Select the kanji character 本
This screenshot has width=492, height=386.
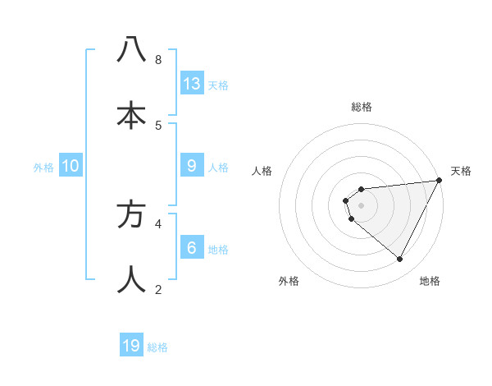132,114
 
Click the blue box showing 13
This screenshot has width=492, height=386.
192,84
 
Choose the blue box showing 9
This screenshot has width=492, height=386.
192,166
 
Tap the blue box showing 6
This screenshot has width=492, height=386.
192,248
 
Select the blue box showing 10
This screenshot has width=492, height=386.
71,166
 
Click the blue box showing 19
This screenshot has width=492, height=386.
131,346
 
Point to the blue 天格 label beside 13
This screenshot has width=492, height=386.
218,85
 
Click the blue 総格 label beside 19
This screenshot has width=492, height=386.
157,347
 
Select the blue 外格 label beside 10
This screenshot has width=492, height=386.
43,168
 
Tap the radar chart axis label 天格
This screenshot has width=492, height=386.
462,171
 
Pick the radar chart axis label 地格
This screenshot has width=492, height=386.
430,281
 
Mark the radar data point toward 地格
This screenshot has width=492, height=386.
400,259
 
